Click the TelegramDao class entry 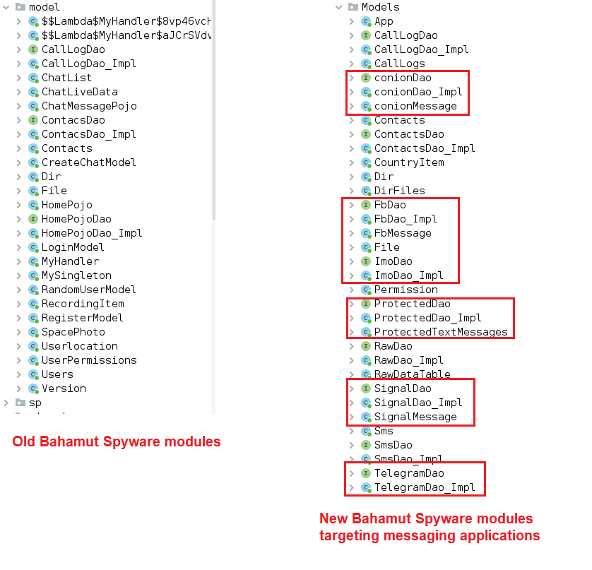(409, 473)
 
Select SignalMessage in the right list (415, 417)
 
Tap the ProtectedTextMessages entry (441, 332)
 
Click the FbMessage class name (403, 233)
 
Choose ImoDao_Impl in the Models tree (409, 275)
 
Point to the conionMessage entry (415, 106)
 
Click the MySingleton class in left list (76, 275)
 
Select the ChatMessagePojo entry (89, 106)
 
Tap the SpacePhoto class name (73, 332)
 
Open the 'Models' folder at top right (380, 7)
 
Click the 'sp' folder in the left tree (35, 403)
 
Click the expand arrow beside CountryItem (352, 162)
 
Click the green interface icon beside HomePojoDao (33, 219)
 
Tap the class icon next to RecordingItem (33, 304)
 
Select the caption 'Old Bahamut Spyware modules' (117, 442)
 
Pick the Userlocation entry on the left (80, 346)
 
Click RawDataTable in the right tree (413, 374)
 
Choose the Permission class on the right (406, 290)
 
